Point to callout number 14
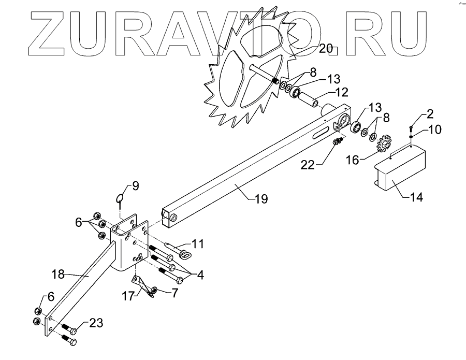coord(416,197)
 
